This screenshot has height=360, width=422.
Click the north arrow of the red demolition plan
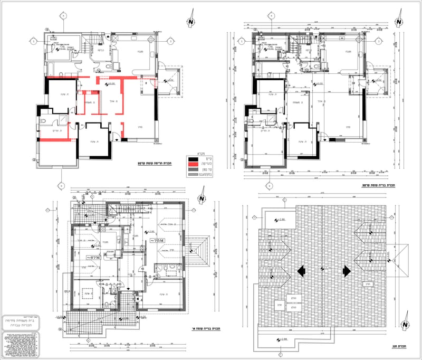pos(190,22)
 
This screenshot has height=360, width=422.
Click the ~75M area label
pos(157,241)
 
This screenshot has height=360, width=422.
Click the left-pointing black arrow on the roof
pos(301,271)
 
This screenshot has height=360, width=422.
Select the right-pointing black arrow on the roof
pos(346,271)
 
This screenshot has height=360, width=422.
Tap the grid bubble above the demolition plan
pos(62,15)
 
